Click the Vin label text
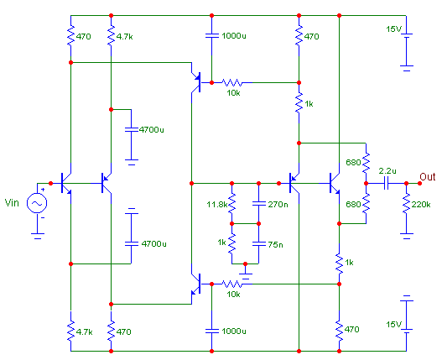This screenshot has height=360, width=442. (x=12, y=202)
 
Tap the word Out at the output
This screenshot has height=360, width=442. (x=428, y=177)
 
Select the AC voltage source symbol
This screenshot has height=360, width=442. (x=37, y=203)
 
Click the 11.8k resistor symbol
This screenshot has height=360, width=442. (x=231, y=203)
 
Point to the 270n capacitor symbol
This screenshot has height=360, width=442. (x=259, y=203)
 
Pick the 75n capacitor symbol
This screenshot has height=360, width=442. (x=259, y=243)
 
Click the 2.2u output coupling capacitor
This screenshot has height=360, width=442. (x=386, y=184)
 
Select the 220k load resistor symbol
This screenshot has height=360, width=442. (x=406, y=203)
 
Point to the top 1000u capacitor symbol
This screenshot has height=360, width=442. (x=211, y=35)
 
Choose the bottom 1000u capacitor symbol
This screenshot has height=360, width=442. (x=211, y=331)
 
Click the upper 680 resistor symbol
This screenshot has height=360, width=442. (x=366, y=163)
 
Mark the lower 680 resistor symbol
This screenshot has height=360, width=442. (x=366, y=203)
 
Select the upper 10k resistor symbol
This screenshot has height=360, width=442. (x=232, y=83)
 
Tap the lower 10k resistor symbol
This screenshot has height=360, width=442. (x=232, y=284)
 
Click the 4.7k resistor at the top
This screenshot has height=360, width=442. (x=111, y=35)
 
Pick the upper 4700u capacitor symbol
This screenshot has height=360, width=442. (x=131, y=129)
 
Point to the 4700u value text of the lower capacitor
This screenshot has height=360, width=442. (x=154, y=243)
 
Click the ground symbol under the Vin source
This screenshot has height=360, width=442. (x=37, y=236)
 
